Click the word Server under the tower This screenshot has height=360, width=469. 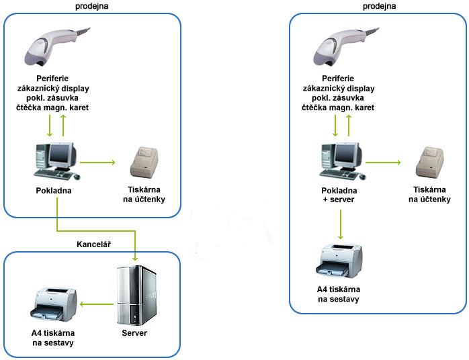(x=134, y=333)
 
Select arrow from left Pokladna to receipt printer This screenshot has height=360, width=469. (x=98, y=162)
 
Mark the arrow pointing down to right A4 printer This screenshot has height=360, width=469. (x=341, y=226)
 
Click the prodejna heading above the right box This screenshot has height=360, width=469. (x=380, y=6)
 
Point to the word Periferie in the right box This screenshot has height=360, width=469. (x=340, y=77)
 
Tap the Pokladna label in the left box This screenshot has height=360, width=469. (x=54, y=190)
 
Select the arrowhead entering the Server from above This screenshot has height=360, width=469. (x=136, y=259)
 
